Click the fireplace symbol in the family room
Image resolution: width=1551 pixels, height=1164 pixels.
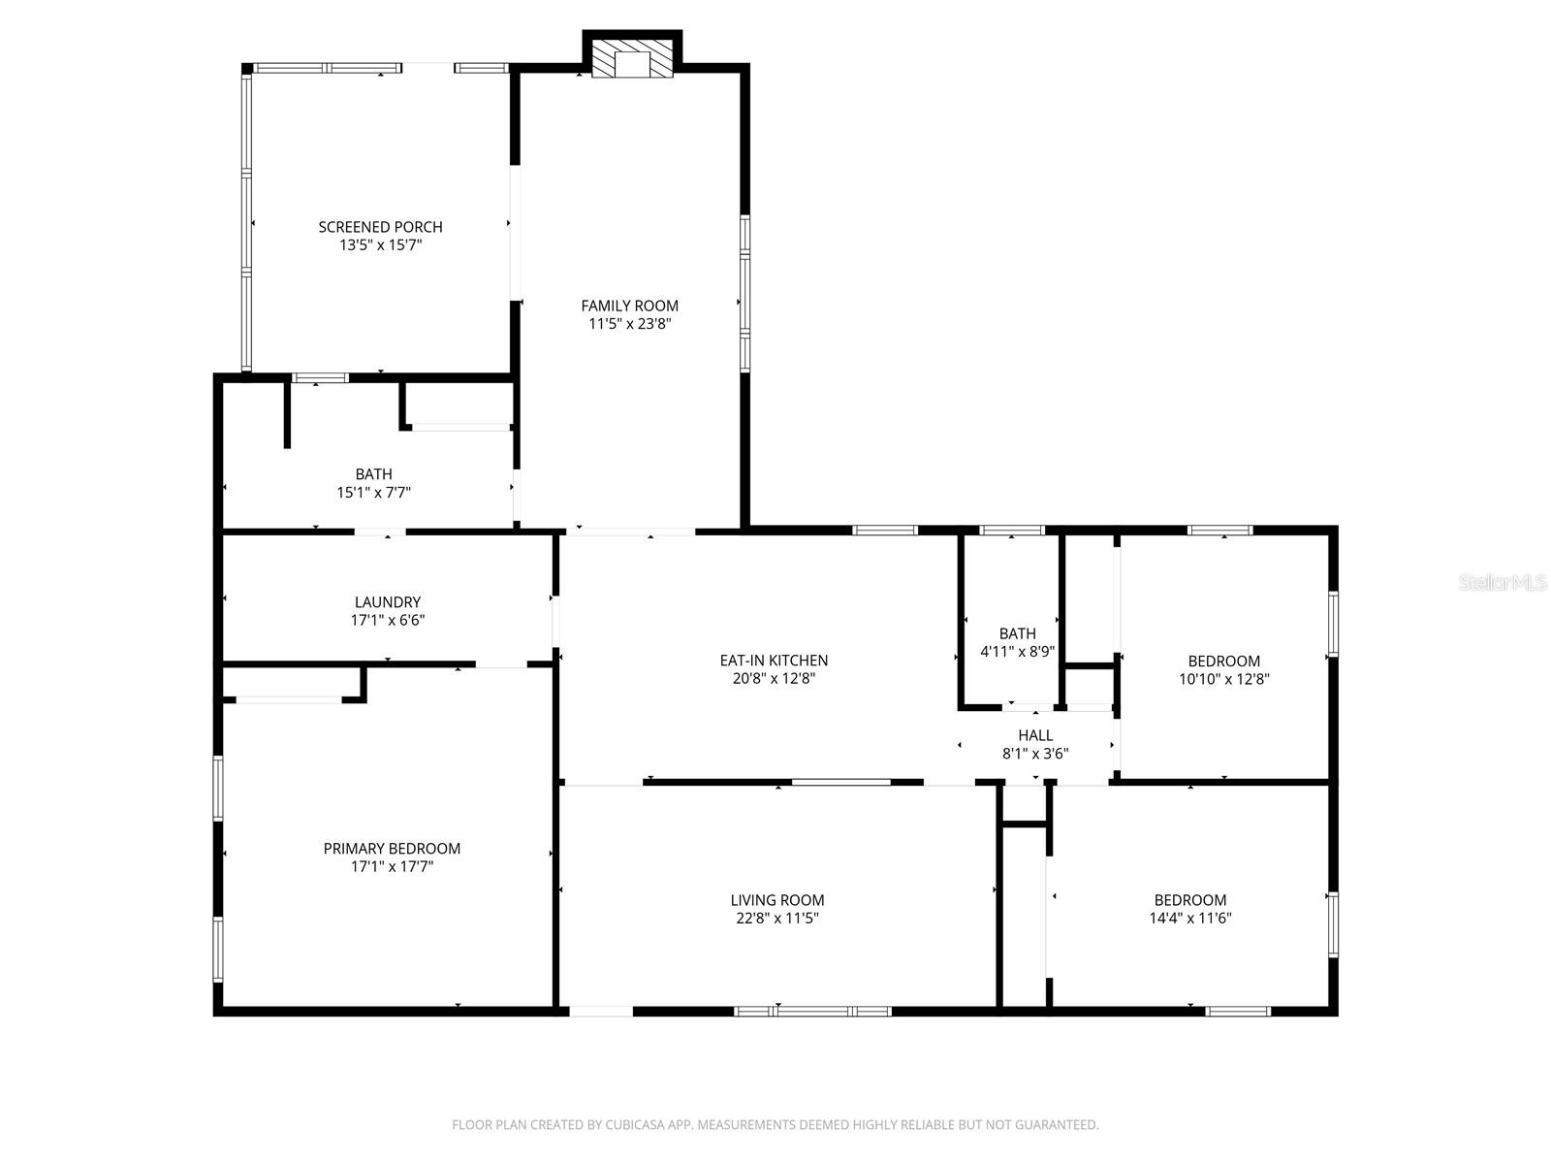(632, 58)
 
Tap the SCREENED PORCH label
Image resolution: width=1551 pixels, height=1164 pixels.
(380, 227)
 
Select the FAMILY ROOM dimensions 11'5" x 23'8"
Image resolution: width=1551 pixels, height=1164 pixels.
(629, 324)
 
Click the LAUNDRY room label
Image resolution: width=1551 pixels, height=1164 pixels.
(387, 602)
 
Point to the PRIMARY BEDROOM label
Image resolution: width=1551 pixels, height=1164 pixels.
(392, 849)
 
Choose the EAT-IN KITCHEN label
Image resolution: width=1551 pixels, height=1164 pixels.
(774, 661)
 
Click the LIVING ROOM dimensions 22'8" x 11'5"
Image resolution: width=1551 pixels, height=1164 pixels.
(776, 919)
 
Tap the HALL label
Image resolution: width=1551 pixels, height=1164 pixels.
(1035, 735)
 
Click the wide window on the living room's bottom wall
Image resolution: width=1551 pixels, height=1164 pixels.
(812, 1012)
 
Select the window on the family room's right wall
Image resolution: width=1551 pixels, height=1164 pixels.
(745, 293)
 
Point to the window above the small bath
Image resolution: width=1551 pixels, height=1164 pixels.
(1011, 531)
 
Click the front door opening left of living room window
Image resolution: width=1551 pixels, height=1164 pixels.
(601, 1012)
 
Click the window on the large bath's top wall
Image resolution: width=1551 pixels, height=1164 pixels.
(320, 378)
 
